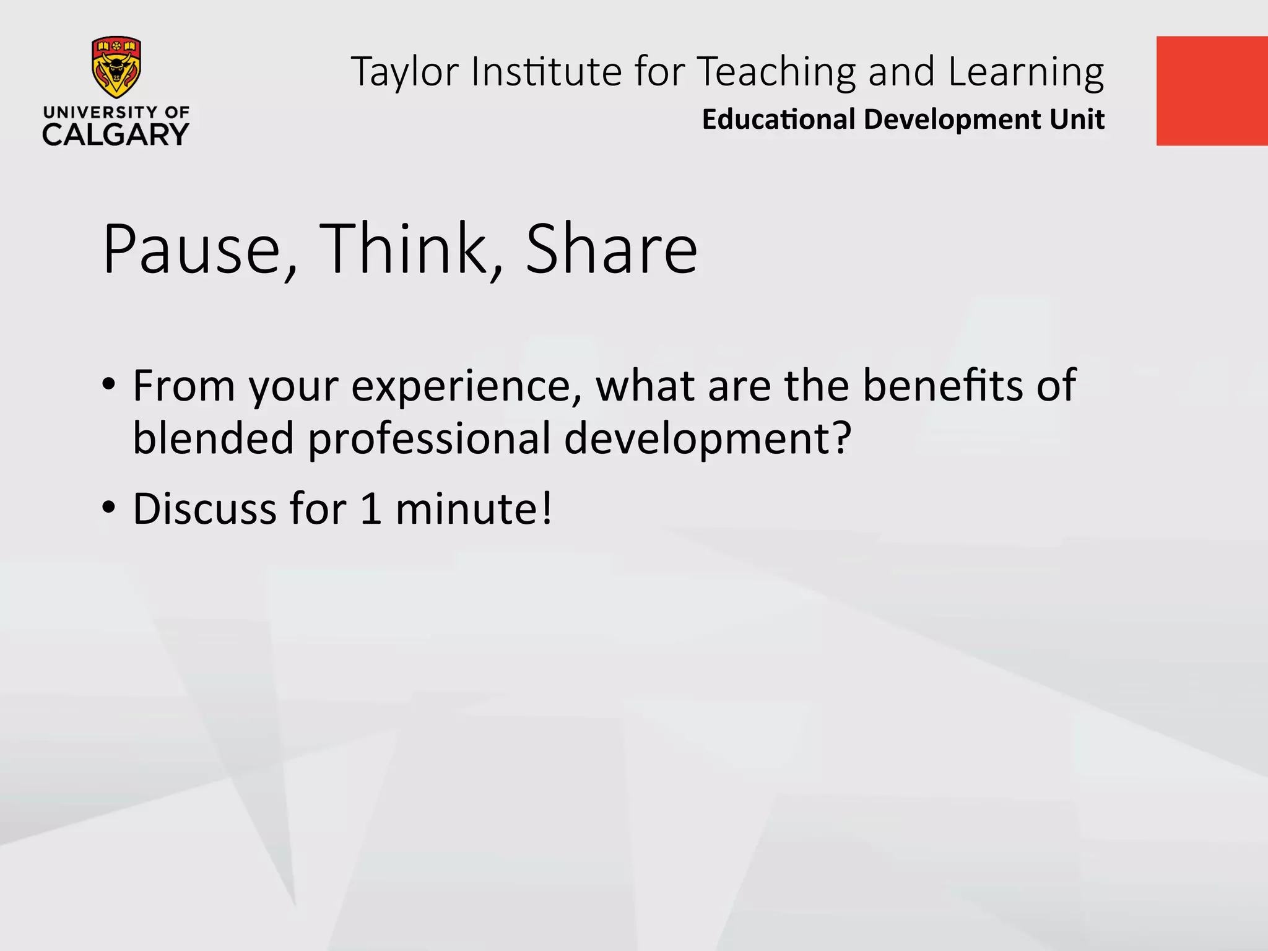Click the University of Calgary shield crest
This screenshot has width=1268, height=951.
(x=116, y=67)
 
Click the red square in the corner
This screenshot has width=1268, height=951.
(x=1212, y=91)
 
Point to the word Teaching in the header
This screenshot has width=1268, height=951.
(x=777, y=72)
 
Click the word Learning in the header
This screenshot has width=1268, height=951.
(x=1026, y=72)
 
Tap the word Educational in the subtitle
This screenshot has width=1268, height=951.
(x=778, y=119)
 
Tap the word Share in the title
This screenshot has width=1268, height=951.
(x=611, y=250)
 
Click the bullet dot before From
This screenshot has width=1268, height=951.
(x=109, y=384)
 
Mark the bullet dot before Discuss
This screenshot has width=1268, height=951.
(x=109, y=508)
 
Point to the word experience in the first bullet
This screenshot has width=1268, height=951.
(x=462, y=387)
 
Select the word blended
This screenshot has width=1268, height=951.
(x=214, y=438)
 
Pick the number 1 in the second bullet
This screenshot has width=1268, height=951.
(x=370, y=509)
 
